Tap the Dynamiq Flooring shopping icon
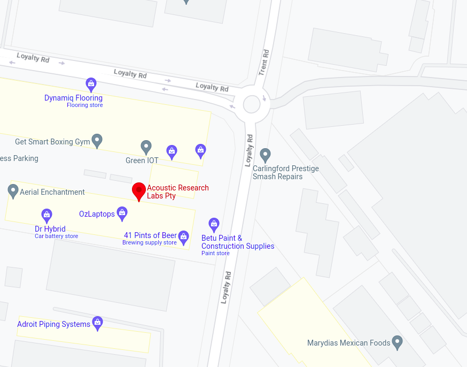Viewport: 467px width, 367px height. pos(91,84)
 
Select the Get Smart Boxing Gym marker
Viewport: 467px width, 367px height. pos(97,141)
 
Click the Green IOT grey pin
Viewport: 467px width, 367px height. pos(146,147)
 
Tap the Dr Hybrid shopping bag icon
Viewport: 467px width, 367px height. pos(47,215)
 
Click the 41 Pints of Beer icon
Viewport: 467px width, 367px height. pos(184,236)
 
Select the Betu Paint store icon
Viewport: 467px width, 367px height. pos(214,224)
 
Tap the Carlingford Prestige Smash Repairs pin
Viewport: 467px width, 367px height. pos(266,155)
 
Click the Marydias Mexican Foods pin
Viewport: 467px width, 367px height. pos(397,341)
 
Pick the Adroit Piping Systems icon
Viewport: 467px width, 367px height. pos(97,323)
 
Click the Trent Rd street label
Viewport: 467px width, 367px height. pos(264,62)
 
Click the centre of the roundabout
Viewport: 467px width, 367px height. pos(252,104)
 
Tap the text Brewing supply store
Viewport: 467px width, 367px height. pos(150,243)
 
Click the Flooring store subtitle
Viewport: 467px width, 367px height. pos(84,105)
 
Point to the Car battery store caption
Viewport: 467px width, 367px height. pos(56,236)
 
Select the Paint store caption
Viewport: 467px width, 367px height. pos(215,254)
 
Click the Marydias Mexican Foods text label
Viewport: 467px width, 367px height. pos(348,343)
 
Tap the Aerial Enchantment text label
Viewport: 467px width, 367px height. pos(52,192)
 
